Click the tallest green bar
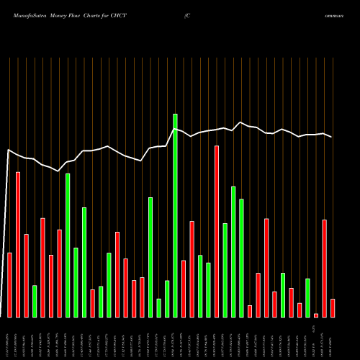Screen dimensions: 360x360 (x=175, y=215)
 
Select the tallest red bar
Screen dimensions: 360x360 (x=217, y=231)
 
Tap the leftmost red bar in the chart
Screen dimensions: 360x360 (x=10, y=284)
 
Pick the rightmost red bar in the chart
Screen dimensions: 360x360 (x=333, y=307)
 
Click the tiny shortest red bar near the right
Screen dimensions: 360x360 (x=316, y=315)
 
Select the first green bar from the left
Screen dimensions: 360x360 (x=35, y=301)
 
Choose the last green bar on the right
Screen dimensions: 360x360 (x=307, y=297)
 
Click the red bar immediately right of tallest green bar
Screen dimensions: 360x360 (x=184, y=288)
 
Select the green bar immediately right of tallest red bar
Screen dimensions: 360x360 (x=225, y=270)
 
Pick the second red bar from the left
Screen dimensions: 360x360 (x=18, y=245)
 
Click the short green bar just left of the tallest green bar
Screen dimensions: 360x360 (x=167, y=299)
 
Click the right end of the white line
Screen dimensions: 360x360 (x=332, y=137)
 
